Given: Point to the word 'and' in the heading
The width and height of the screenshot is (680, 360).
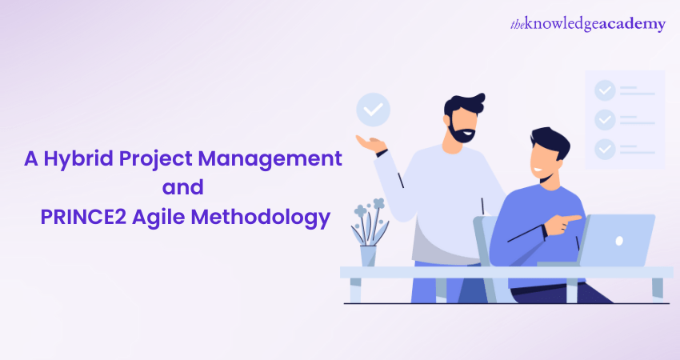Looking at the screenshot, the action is click(183, 187).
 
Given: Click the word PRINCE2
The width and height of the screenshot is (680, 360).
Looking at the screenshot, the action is click(83, 217).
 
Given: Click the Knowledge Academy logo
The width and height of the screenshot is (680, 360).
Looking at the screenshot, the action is click(588, 24).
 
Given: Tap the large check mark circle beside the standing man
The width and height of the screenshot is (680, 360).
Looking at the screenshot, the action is click(373, 110).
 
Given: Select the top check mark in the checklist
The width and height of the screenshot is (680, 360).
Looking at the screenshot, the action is click(605, 90).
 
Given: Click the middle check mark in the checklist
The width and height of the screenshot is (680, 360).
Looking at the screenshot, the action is click(605, 120).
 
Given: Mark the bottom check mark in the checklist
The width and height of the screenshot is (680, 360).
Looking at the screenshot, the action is click(605, 150).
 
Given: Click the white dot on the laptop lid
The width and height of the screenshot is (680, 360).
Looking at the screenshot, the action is click(619, 241).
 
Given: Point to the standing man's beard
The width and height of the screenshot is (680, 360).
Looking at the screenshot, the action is click(462, 131).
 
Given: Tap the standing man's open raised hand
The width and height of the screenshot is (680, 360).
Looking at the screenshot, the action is click(370, 143).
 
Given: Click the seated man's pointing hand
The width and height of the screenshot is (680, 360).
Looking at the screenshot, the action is click(563, 224).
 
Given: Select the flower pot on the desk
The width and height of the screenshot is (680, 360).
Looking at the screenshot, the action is click(368, 256).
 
